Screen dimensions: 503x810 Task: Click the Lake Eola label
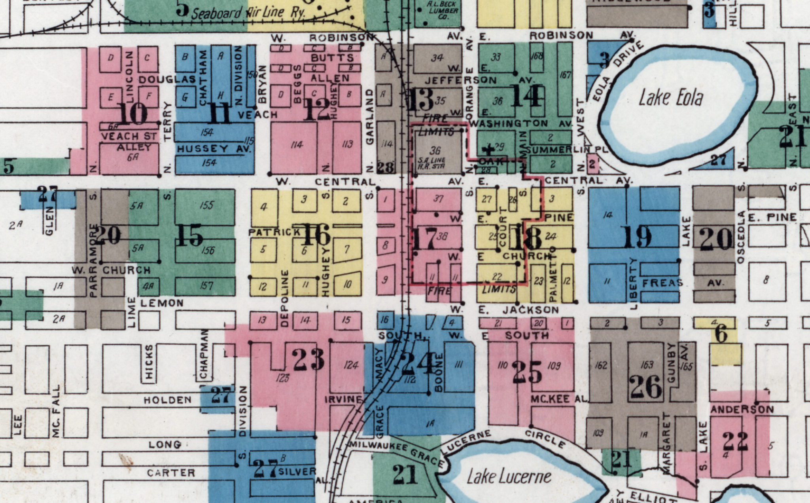671,98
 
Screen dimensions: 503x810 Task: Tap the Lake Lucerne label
509,476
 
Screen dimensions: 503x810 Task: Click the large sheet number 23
308,359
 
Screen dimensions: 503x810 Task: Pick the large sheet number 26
646,387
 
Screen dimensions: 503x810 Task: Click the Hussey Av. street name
214,149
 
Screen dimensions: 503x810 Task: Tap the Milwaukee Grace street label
396,453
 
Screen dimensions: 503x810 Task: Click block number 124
351,365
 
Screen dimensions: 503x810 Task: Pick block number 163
647,364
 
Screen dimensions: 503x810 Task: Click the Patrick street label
274,232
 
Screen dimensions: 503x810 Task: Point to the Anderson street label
742,410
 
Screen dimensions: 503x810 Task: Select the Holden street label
168,400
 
